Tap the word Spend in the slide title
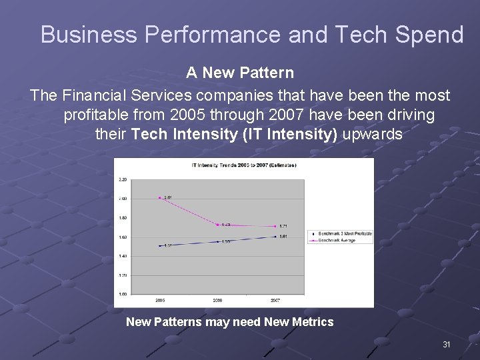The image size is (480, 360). (433, 35)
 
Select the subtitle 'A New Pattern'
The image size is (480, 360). (239, 72)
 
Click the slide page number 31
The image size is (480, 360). (447, 345)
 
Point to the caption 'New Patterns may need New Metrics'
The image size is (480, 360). (229, 322)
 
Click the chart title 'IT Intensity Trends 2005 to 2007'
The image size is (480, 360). (244, 165)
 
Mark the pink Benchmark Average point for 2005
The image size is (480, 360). (160, 197)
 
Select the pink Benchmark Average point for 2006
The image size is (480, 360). (218, 225)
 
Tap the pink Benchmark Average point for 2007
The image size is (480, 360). (275, 226)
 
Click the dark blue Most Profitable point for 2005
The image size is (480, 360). (160, 245)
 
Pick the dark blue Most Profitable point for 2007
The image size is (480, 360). (275, 236)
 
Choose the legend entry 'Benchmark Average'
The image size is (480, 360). (337, 241)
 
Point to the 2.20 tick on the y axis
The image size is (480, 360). (123, 179)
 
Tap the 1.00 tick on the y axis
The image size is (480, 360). (123, 294)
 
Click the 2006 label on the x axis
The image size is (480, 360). (218, 301)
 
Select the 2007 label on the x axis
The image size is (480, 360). (275, 301)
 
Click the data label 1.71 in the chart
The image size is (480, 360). (283, 226)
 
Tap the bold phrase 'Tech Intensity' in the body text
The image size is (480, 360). (185, 134)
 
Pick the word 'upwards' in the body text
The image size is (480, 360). (372, 134)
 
